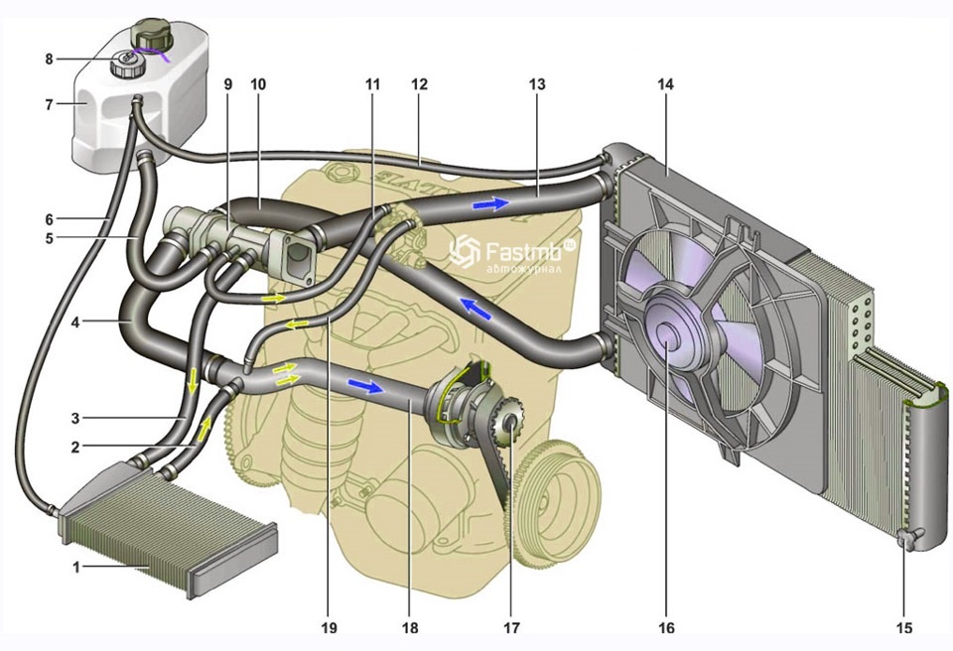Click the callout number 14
click(x=665, y=84)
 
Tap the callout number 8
click(x=48, y=59)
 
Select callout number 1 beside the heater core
click(x=76, y=568)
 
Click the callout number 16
click(x=665, y=627)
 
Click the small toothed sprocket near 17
click(x=510, y=427)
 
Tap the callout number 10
click(x=258, y=84)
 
